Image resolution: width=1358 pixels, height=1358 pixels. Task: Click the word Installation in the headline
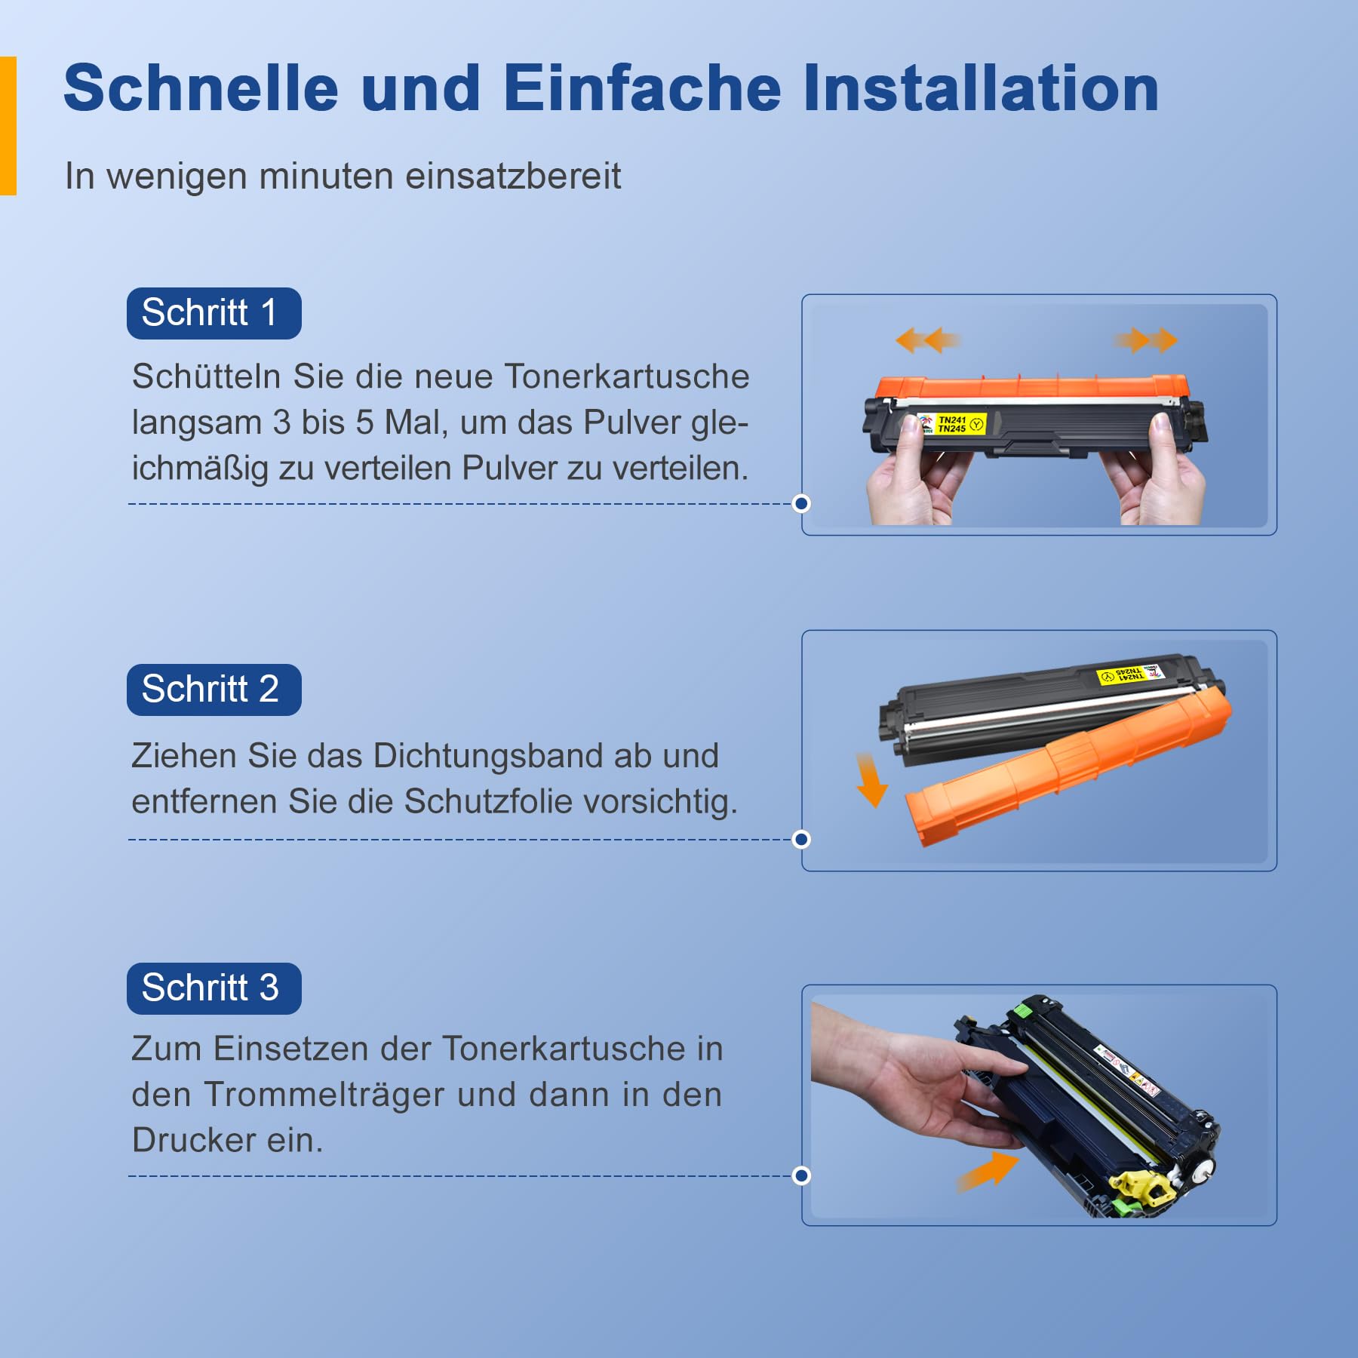pos(981,88)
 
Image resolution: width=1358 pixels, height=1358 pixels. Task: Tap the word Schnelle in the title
pos(201,88)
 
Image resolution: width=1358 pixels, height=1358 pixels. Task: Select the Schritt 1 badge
pos(214,313)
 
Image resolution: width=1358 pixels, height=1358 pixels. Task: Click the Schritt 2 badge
pos(214,690)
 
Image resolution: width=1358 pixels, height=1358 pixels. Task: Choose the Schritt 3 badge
pos(214,988)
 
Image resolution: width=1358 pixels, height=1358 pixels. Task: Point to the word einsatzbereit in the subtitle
pos(513,176)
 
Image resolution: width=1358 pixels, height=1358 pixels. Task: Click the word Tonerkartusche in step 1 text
pos(627,376)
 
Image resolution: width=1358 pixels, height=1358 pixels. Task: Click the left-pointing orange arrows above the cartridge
pos(928,340)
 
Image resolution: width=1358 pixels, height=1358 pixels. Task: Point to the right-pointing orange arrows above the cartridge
pos(1145,340)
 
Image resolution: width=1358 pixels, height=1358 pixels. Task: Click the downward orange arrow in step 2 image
pos(871,779)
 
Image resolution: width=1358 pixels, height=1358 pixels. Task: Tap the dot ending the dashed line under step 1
pos(802,503)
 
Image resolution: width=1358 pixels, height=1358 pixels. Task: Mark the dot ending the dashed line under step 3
pos(802,1175)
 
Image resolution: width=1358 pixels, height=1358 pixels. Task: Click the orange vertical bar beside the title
pos(8,126)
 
